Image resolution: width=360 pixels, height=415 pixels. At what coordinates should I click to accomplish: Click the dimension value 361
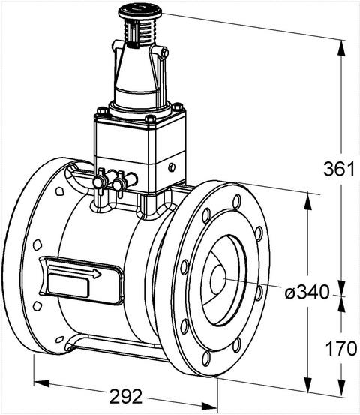click(339, 169)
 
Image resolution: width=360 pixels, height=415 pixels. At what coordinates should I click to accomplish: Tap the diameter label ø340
click(307, 293)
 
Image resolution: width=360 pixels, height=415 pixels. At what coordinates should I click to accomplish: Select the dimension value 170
click(341, 348)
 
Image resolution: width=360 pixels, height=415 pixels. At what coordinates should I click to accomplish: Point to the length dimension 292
click(126, 396)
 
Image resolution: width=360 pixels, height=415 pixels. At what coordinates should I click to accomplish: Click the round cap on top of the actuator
click(140, 11)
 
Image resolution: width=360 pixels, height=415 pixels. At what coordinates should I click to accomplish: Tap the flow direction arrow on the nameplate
click(75, 272)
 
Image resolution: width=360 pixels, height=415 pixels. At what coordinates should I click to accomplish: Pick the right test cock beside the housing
click(120, 183)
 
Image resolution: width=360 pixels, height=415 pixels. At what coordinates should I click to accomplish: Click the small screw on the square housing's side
click(172, 167)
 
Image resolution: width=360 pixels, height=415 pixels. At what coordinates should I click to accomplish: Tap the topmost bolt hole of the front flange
click(237, 201)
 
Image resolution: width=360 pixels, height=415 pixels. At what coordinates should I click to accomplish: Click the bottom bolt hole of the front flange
click(206, 359)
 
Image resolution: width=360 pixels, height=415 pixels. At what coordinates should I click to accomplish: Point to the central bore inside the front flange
click(217, 280)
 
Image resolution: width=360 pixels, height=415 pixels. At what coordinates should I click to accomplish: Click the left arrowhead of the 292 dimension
click(42, 383)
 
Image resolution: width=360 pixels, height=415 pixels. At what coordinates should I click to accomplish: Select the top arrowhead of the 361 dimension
click(341, 48)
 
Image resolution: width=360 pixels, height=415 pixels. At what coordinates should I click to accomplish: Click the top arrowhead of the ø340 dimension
click(307, 201)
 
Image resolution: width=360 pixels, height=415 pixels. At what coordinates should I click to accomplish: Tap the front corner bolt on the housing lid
click(150, 119)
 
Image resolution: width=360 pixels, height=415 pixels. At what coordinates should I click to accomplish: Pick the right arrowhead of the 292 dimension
click(209, 406)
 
